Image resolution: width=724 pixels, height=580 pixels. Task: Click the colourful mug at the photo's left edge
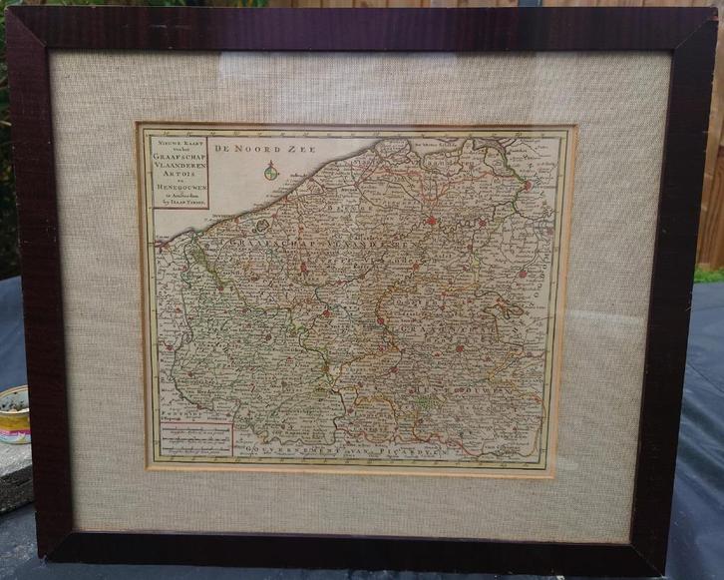[x=13, y=413]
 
